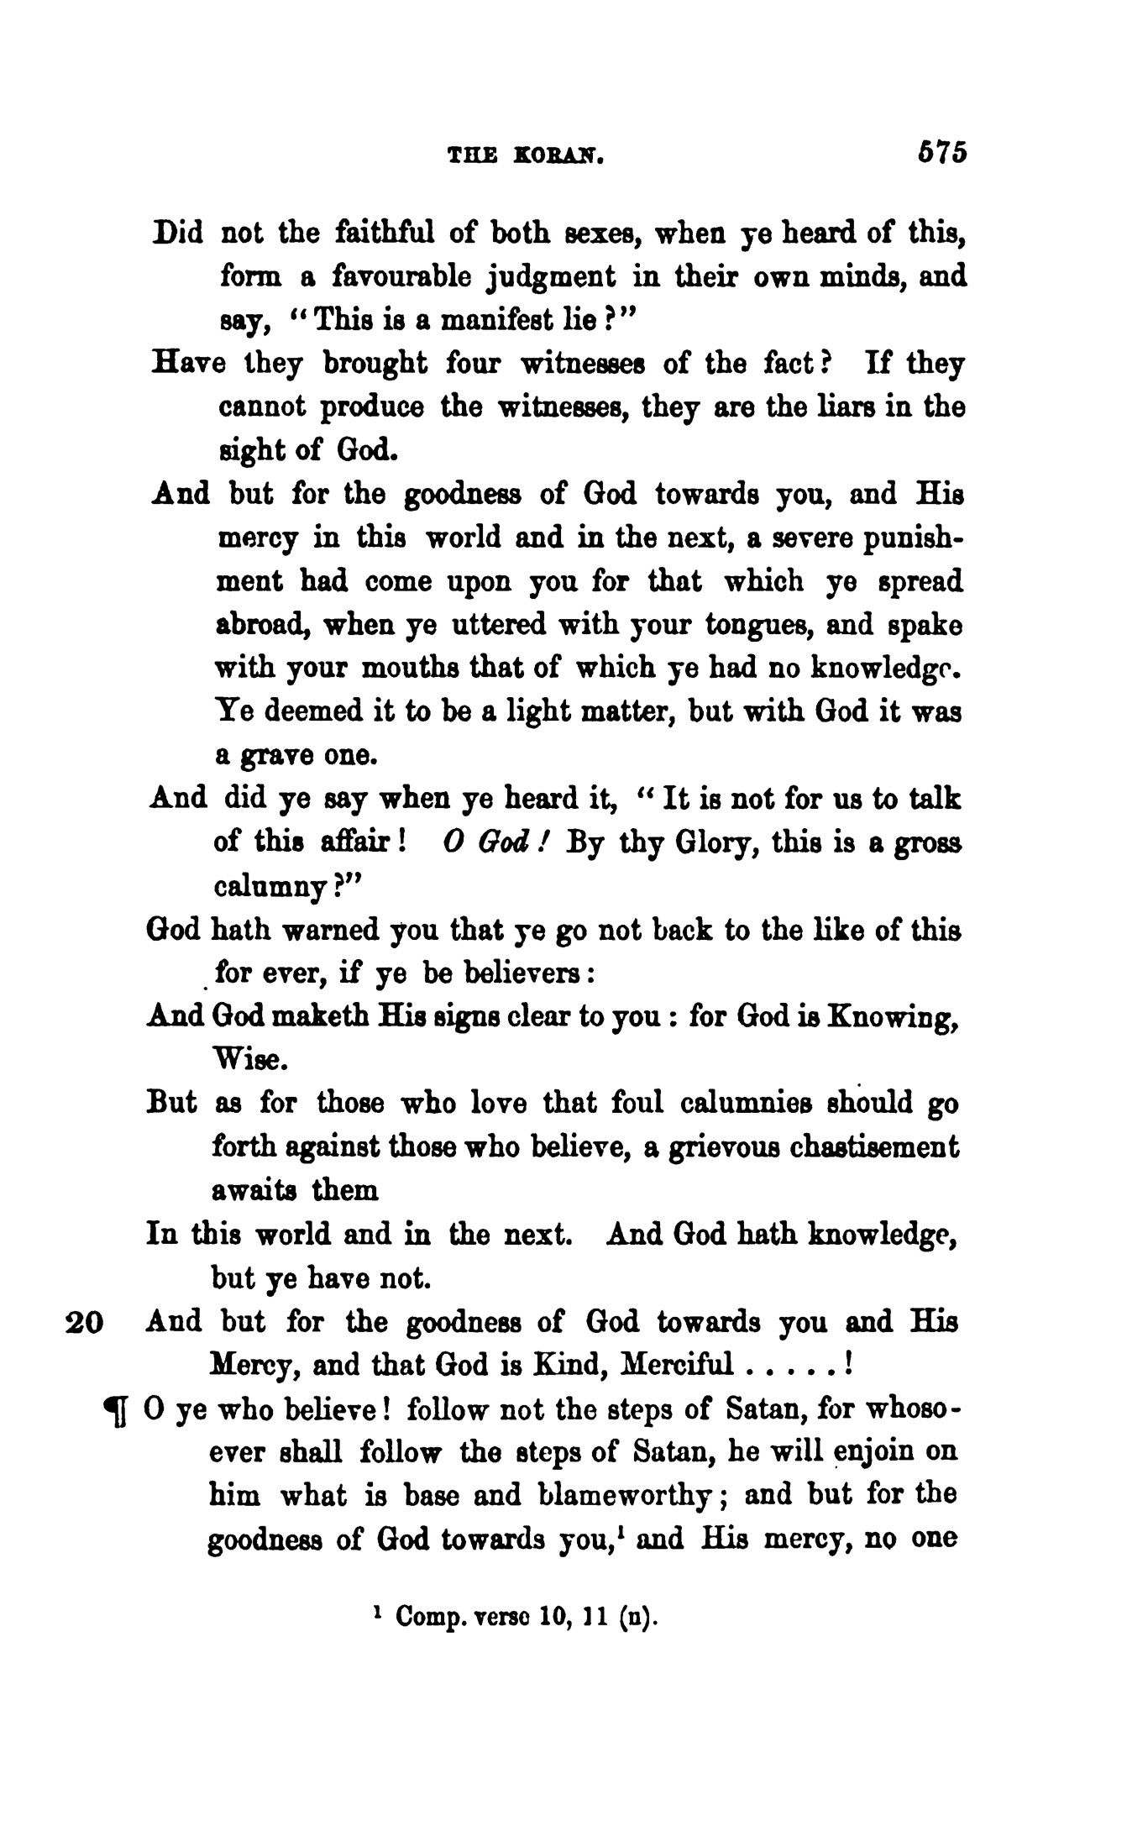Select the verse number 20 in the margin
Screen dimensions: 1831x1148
pos(84,1323)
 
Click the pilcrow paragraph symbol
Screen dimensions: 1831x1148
pos(115,1412)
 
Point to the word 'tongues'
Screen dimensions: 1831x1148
pos(757,625)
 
